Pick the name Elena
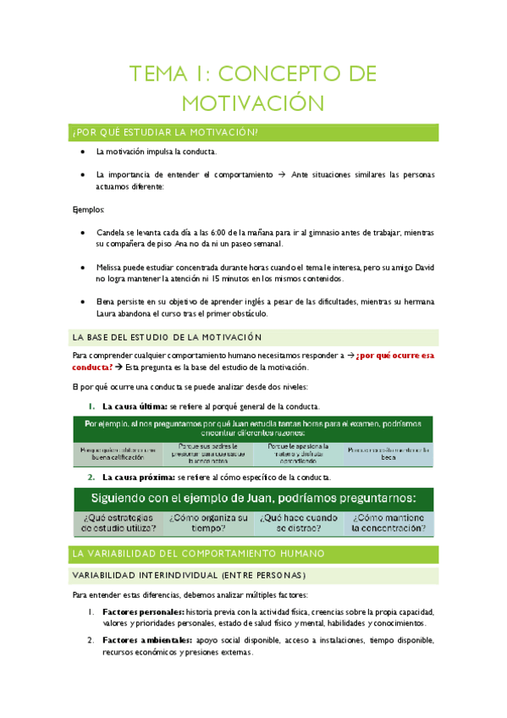point(106,301)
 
